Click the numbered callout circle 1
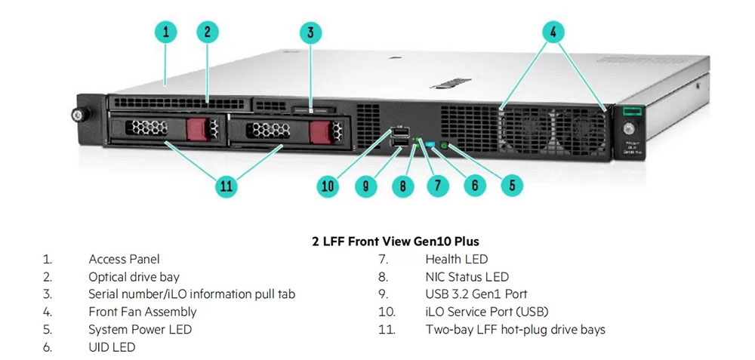pyautogui.click(x=165, y=32)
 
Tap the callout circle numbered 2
pyautogui.click(x=207, y=32)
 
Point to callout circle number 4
pyautogui.click(x=553, y=32)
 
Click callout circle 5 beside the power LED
pyautogui.click(x=510, y=185)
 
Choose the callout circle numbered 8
pyautogui.click(x=403, y=185)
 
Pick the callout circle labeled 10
pyautogui.click(x=327, y=186)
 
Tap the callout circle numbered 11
pyautogui.click(x=226, y=186)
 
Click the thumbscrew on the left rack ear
pyautogui.click(x=75, y=115)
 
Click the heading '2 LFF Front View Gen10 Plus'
pyautogui.click(x=395, y=242)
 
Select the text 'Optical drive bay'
pyautogui.click(x=134, y=277)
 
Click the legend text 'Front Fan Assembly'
pyautogui.click(x=142, y=312)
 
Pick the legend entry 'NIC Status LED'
pyautogui.click(x=467, y=277)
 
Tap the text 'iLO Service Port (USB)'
pyautogui.click(x=486, y=312)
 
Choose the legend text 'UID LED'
pyautogui.click(x=112, y=346)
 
